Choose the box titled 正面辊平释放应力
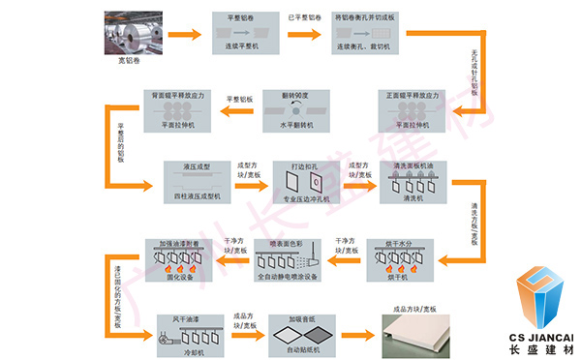[x=417, y=110]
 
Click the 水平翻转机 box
[x=296, y=111]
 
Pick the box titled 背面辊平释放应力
[x=173, y=110]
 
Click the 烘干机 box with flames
[x=397, y=257]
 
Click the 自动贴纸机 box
[x=301, y=330]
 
